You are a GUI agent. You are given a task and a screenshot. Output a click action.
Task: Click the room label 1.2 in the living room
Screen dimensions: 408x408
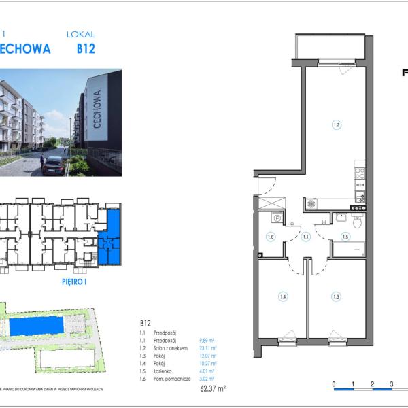335,124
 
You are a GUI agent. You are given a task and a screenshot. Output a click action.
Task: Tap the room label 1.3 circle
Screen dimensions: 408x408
335,296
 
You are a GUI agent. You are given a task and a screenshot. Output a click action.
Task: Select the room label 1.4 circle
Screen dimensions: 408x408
282,296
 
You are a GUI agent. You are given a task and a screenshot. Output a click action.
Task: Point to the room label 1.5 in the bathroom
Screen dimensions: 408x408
345,237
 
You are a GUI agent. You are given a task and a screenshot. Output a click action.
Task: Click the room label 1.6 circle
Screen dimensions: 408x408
270,237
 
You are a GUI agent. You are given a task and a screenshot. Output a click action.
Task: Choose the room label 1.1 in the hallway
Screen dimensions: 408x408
306,237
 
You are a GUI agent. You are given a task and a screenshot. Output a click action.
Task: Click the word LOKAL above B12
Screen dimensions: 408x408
81,34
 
